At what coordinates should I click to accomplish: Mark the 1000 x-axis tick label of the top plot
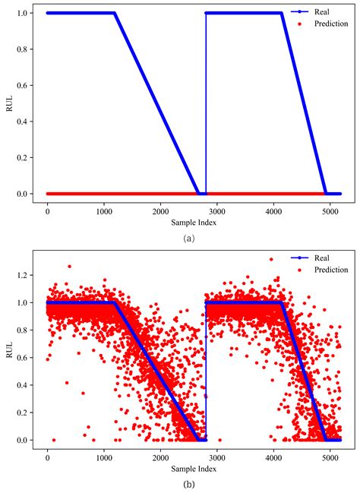click(x=104, y=206)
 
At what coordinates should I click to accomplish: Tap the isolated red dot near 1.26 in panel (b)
click(x=70, y=267)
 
